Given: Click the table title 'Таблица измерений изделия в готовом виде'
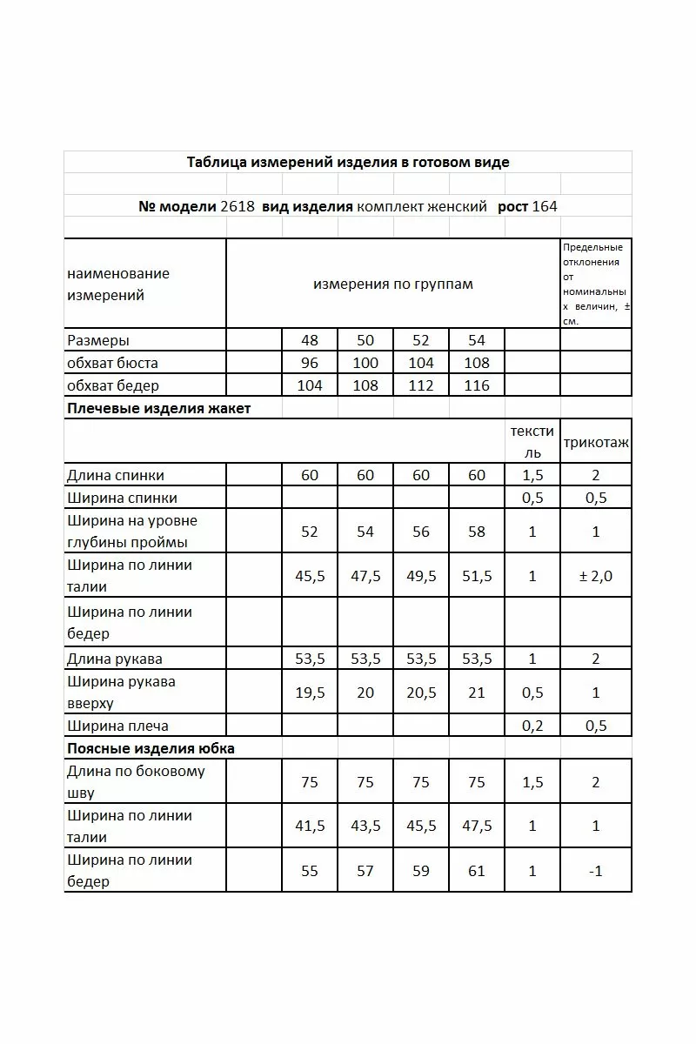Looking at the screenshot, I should coord(348,163).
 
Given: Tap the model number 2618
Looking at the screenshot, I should coord(238,207).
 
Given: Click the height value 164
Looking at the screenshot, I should coord(545,207).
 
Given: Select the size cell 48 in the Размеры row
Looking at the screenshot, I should coord(310,340).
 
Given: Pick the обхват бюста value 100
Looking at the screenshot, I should coord(365,363).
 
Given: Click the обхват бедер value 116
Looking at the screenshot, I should coord(477,385).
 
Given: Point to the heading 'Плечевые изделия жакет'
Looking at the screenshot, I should coord(158,408).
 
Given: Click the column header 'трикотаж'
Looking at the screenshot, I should coord(596,443).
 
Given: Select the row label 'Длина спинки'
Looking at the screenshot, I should coord(115,475).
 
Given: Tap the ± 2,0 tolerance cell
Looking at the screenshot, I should coord(596,576).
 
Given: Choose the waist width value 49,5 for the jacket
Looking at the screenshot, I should coord(421,576).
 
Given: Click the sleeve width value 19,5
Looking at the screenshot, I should coord(310,693).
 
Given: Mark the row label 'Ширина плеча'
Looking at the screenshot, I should coord(117,726).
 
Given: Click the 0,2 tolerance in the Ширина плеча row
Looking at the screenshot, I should coord(532,726).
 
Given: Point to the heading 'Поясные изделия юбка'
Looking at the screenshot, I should coord(151,748).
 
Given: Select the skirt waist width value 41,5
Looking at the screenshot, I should coord(310,826).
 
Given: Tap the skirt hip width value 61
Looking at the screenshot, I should coord(477,871).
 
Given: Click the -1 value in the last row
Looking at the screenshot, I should coord(596,871).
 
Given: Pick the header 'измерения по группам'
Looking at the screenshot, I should coord(393,284).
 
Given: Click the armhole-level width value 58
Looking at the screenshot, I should coord(477,532).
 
